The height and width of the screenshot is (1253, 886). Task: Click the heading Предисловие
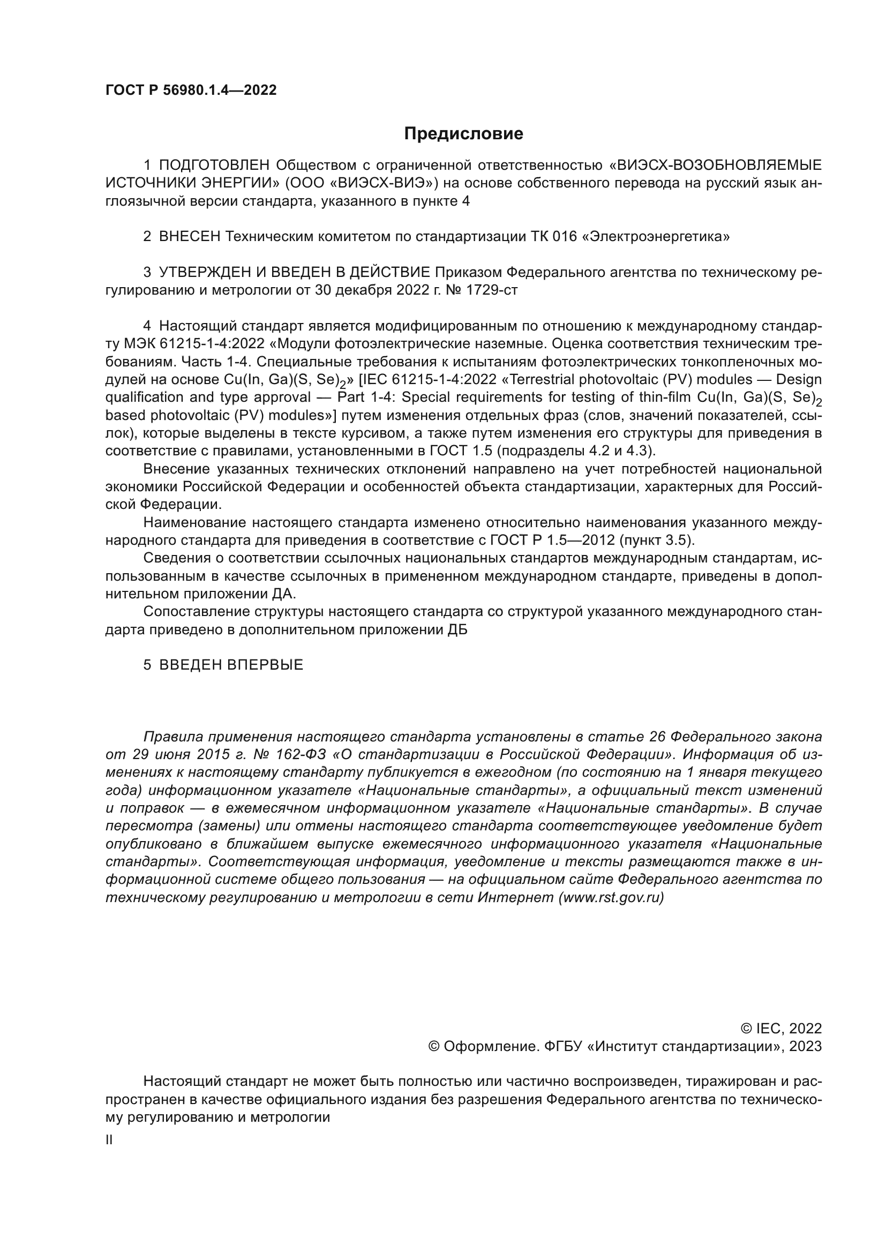coord(463,134)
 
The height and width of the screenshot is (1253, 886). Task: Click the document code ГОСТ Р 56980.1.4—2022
coord(191,90)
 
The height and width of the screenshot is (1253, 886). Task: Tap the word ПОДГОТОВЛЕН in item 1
coord(214,166)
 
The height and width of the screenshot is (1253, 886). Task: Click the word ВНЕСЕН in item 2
coord(190,237)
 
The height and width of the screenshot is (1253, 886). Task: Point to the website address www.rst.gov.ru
coord(612,898)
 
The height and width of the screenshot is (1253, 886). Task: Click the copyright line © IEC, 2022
coord(780,1029)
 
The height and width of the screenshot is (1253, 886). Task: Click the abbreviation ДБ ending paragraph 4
coord(457,630)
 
